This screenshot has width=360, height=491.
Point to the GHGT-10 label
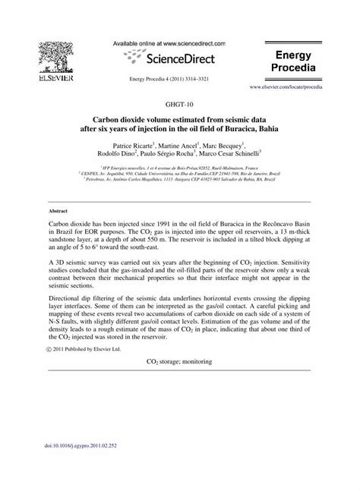(179, 103)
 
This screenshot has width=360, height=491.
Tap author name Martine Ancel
(191, 144)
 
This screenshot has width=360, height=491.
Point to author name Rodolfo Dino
(125, 156)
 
